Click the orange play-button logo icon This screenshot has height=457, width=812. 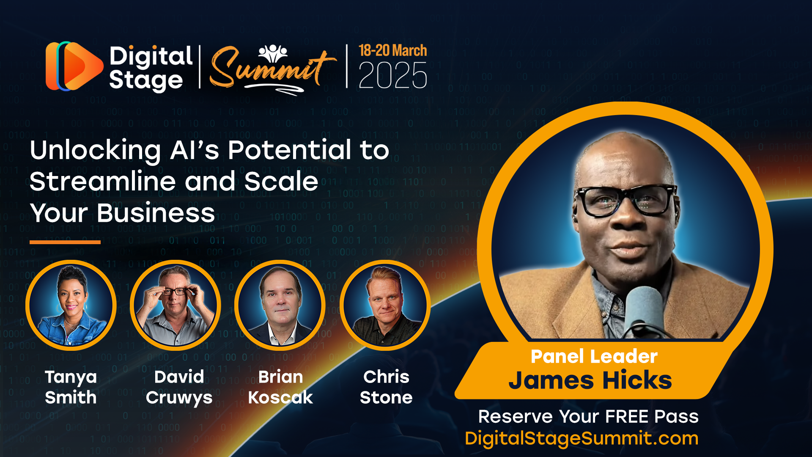click(x=74, y=66)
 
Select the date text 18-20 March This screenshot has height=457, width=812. click(x=393, y=50)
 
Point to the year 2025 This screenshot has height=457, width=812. click(x=393, y=75)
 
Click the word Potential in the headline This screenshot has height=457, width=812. click(x=290, y=150)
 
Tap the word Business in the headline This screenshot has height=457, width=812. click(x=156, y=213)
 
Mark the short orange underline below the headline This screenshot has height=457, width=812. click(x=65, y=242)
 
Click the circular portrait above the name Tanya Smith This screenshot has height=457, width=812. click(x=71, y=305)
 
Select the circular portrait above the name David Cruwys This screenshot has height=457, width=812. click(x=176, y=305)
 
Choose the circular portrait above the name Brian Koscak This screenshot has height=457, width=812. click(x=280, y=305)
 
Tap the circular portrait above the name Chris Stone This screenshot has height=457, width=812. click(x=385, y=305)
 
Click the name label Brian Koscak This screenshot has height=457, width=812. click(x=280, y=387)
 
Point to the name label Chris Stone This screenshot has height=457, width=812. click(x=386, y=387)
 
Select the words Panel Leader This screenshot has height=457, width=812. click(x=594, y=356)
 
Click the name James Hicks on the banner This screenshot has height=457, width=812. click(x=590, y=380)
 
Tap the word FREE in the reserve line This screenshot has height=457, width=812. click(x=628, y=416)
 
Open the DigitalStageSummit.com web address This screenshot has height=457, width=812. click(x=582, y=438)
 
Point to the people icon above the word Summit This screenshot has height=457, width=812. click(x=273, y=53)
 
